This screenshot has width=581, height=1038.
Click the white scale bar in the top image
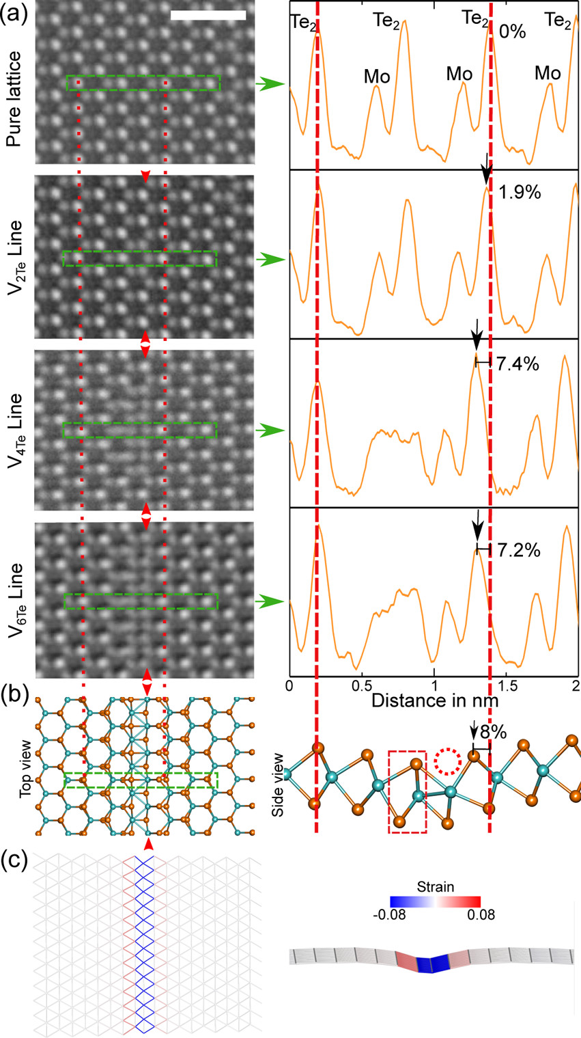pyautogui.click(x=208, y=15)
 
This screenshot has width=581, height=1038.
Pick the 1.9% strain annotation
pyautogui.click(x=520, y=192)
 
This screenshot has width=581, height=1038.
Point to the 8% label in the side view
pyautogui.click(x=493, y=733)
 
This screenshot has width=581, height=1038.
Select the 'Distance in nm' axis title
pyautogui.click(x=434, y=700)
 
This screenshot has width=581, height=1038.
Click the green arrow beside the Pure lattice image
pyautogui.click(x=270, y=84)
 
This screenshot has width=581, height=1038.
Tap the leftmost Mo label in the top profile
pyautogui.click(x=376, y=77)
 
